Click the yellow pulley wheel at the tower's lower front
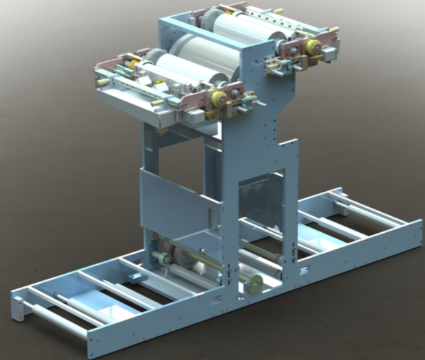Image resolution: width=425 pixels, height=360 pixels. tap(254, 281)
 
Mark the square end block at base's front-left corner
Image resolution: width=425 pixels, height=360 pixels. tap(19, 305)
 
